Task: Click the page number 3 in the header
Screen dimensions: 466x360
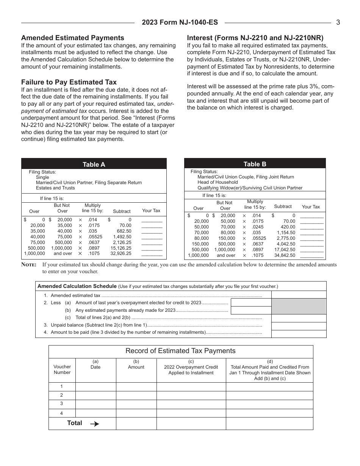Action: (x=338, y=22)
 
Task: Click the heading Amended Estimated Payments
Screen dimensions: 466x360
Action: (x=72, y=38)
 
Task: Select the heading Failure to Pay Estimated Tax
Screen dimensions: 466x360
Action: (x=69, y=82)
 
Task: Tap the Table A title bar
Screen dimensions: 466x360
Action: (x=94, y=164)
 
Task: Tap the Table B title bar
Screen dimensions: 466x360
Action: (x=255, y=164)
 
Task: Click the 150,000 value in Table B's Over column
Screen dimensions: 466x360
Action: (x=200, y=244)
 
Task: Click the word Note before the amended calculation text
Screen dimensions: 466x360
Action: (x=29, y=265)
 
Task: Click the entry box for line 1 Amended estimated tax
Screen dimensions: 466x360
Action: (x=299, y=295)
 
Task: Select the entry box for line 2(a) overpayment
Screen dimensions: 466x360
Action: (x=251, y=302)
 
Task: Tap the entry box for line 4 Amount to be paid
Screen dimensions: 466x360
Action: (x=299, y=333)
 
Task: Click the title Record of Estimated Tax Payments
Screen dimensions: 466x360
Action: (x=180, y=351)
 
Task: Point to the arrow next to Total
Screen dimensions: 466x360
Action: (x=94, y=424)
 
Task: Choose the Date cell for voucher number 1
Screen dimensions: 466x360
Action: (x=95, y=387)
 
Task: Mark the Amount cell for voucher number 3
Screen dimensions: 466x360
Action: (x=136, y=404)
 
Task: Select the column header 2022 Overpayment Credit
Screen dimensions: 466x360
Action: (x=191, y=367)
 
